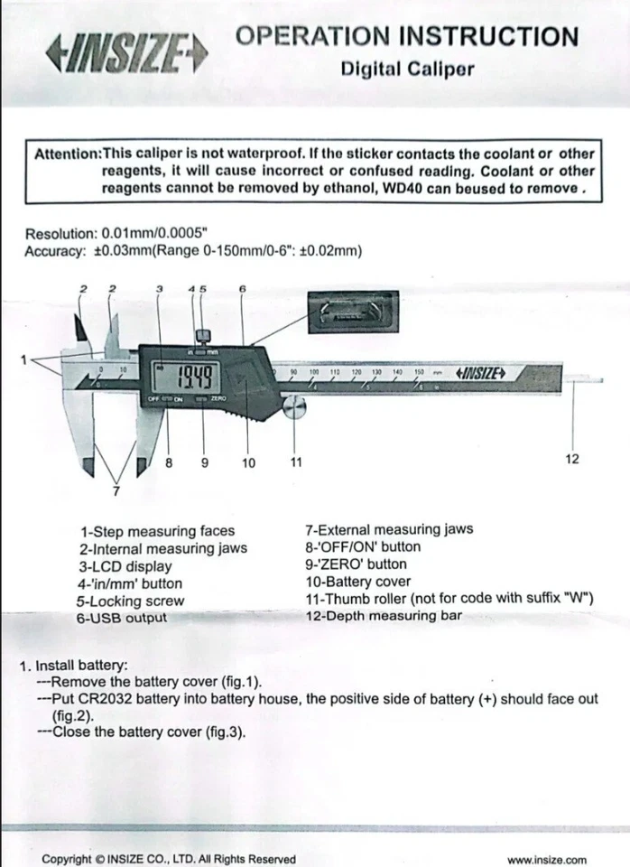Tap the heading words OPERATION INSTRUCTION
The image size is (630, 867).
(x=406, y=37)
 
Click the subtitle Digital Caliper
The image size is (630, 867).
(x=407, y=70)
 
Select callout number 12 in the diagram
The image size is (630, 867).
(x=572, y=459)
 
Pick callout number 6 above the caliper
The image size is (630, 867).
(x=243, y=288)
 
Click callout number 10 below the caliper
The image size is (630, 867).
(x=249, y=462)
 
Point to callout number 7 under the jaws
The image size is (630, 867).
(x=115, y=491)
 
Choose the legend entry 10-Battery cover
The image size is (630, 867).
(x=357, y=583)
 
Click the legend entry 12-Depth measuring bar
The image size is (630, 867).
(x=383, y=616)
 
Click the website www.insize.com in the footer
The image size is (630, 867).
(x=546, y=860)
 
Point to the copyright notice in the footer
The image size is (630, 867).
(x=168, y=860)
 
